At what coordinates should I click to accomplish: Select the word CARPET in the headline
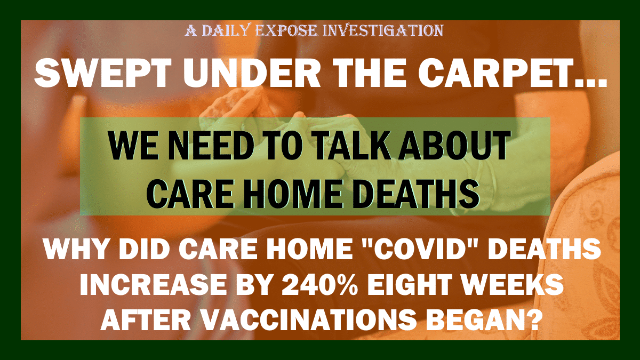click(x=485, y=73)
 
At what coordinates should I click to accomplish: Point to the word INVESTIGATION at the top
click(x=383, y=30)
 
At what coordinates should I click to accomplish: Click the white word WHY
click(x=76, y=249)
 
